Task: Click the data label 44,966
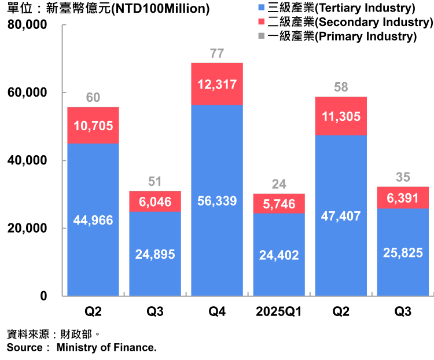(93, 220)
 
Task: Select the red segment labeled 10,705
(93, 126)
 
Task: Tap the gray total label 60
(93, 98)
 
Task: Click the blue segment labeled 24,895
(155, 254)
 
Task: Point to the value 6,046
(155, 202)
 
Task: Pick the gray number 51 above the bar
(155, 182)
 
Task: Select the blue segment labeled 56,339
(217, 201)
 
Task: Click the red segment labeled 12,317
(217, 85)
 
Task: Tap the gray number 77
(217, 54)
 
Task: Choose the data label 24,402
(279, 255)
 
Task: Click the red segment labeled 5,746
(279, 204)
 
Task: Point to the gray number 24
(279, 184)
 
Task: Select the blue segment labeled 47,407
(341, 216)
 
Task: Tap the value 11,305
(341, 116)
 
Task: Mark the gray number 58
(341, 87)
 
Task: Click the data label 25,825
(403, 252)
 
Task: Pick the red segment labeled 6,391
(403, 198)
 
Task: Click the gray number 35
(403, 177)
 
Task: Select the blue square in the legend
(261, 8)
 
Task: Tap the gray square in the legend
(261, 35)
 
